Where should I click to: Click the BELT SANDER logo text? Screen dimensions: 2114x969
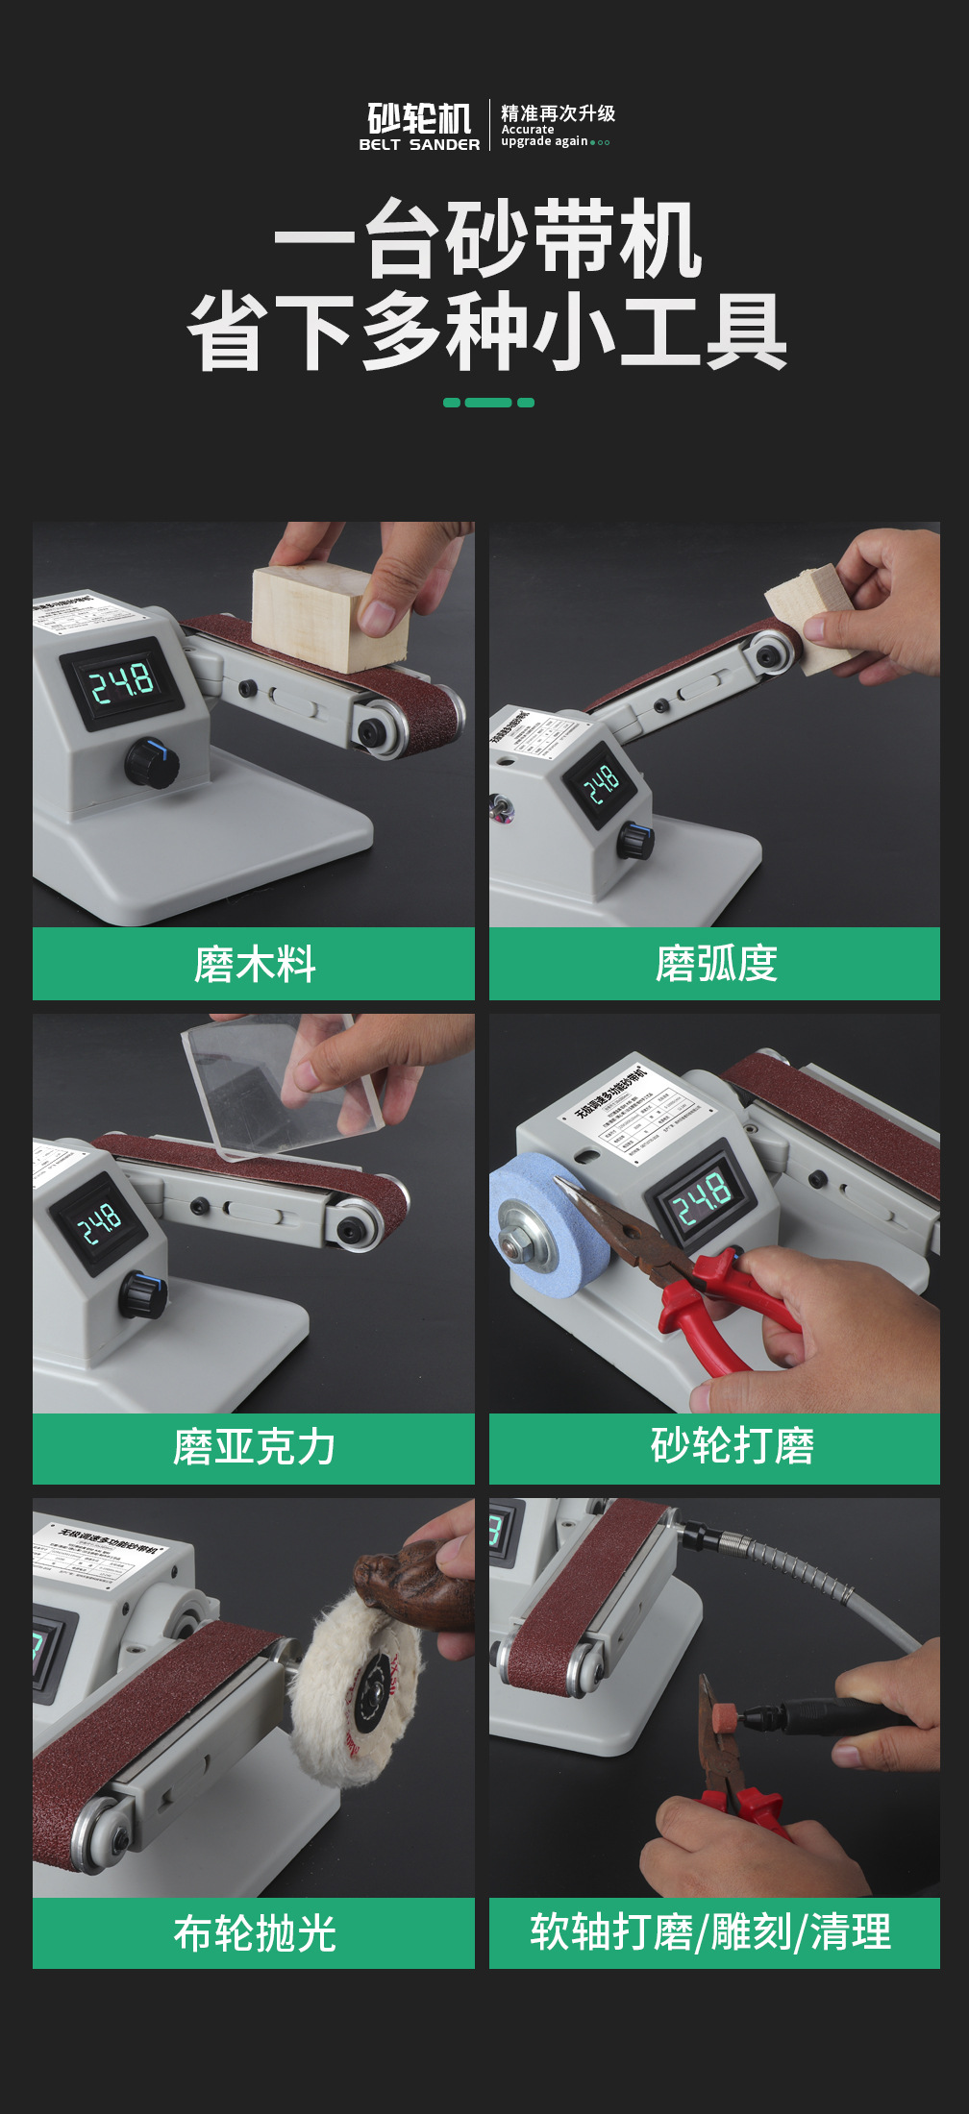pyautogui.click(x=419, y=144)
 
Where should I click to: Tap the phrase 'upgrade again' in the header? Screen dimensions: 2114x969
pyautogui.click(x=544, y=141)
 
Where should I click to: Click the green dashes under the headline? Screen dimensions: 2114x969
pyautogui.click(x=488, y=403)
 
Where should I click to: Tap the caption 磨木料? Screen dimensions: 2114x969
pyautogui.click(x=254, y=964)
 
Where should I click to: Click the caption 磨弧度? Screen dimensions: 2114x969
pyautogui.click(x=715, y=964)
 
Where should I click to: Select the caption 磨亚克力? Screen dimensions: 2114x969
pyautogui.click(x=254, y=1447)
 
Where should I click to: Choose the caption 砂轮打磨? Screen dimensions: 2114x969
pyautogui.click(x=732, y=1445)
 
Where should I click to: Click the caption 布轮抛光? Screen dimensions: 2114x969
pyautogui.click(x=254, y=1933)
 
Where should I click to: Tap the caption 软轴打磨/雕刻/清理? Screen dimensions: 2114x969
pyautogui.click(x=711, y=1932)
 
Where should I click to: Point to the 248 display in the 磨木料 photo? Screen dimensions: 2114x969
pyautogui.click(x=121, y=683)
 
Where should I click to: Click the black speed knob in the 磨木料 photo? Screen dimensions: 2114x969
pyautogui.click(x=151, y=764)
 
